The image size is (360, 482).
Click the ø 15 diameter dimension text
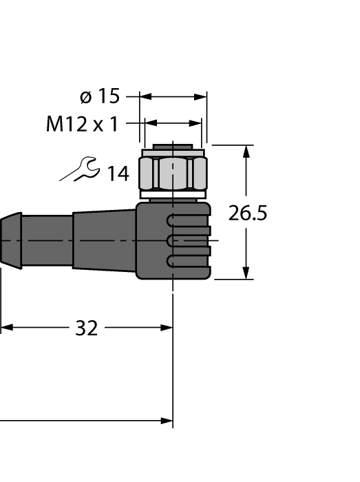tap(99, 96)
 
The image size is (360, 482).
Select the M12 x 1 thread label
tap(82, 124)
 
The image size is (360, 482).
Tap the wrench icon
tap(80, 169)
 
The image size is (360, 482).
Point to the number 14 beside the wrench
tap(117, 174)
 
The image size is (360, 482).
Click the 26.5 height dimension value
tap(248, 213)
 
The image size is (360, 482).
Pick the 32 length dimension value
tap(86, 328)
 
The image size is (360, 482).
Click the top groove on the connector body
tap(187, 221)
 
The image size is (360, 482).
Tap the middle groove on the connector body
tap(187, 240)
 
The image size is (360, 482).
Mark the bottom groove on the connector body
tap(187, 260)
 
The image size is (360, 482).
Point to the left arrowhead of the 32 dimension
tap(6, 328)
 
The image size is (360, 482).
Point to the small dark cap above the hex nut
tap(173, 147)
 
